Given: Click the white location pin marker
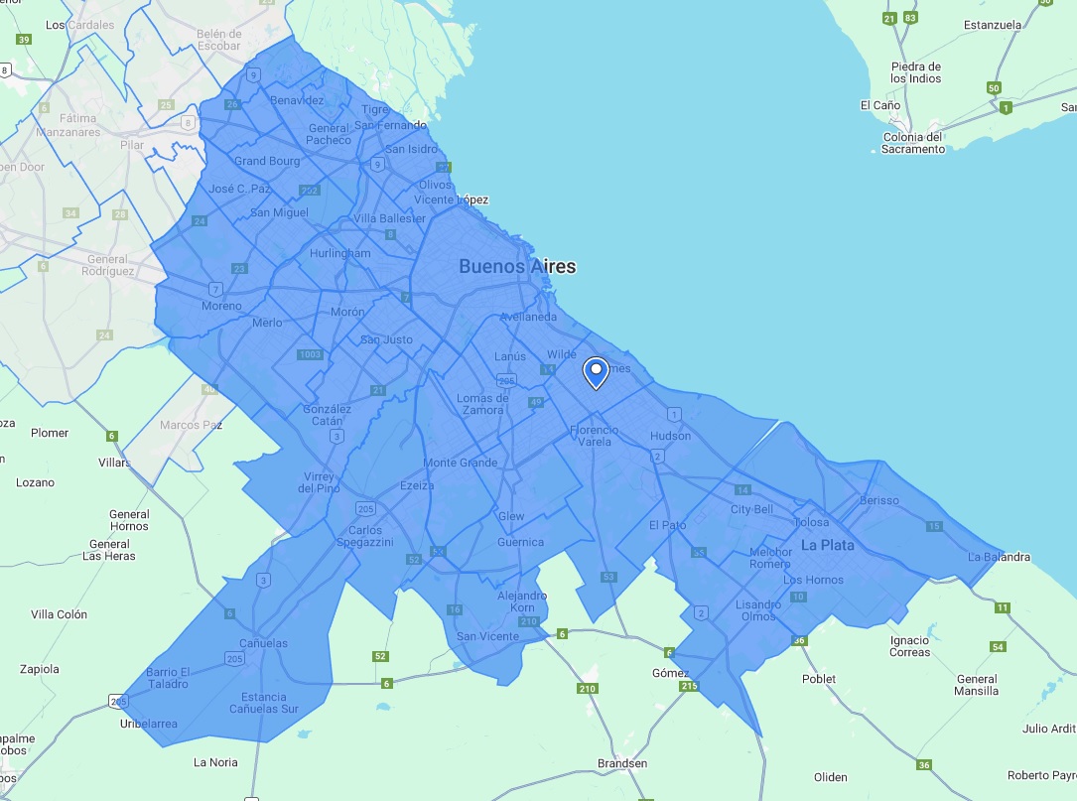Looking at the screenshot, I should coord(596,373).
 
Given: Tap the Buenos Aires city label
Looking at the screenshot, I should coord(516,267).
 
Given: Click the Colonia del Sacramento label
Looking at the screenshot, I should coord(913,143).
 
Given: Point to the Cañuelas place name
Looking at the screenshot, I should coord(264,643).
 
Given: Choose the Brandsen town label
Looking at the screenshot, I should coord(622,763).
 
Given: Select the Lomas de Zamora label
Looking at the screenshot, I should coord(482,404).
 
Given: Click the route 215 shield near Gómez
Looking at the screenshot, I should coord(689,686).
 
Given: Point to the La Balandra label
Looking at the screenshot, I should coord(999,557).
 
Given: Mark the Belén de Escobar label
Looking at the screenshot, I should coord(219,40).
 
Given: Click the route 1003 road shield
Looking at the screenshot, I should coord(310,354).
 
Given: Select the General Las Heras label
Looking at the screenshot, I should coord(109,550).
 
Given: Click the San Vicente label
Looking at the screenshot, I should coord(487,636).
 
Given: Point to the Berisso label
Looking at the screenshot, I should coord(879,500).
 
